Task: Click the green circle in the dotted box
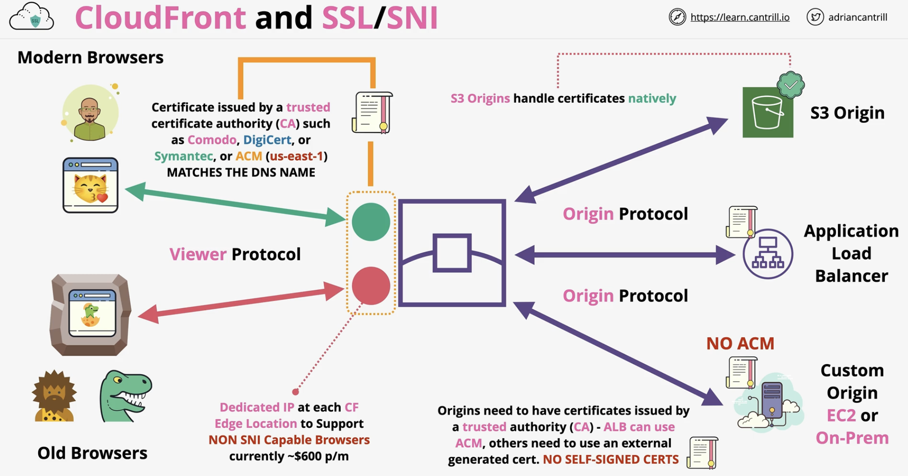(x=371, y=222)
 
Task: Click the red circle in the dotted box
(x=371, y=286)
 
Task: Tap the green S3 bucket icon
(x=768, y=112)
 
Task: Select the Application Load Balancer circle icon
(x=768, y=254)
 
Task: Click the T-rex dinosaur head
(x=126, y=395)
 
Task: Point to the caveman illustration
(x=54, y=395)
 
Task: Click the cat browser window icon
(x=91, y=185)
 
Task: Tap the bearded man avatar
(x=90, y=113)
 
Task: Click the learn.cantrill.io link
(x=740, y=17)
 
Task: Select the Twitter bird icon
(x=815, y=17)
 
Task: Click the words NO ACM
(x=740, y=344)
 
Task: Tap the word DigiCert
(x=267, y=140)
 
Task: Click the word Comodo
(x=212, y=140)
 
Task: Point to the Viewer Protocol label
(x=235, y=254)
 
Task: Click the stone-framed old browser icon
(x=91, y=315)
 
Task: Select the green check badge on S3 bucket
(x=791, y=85)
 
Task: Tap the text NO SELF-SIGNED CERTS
(x=610, y=460)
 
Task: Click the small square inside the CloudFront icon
(x=452, y=253)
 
